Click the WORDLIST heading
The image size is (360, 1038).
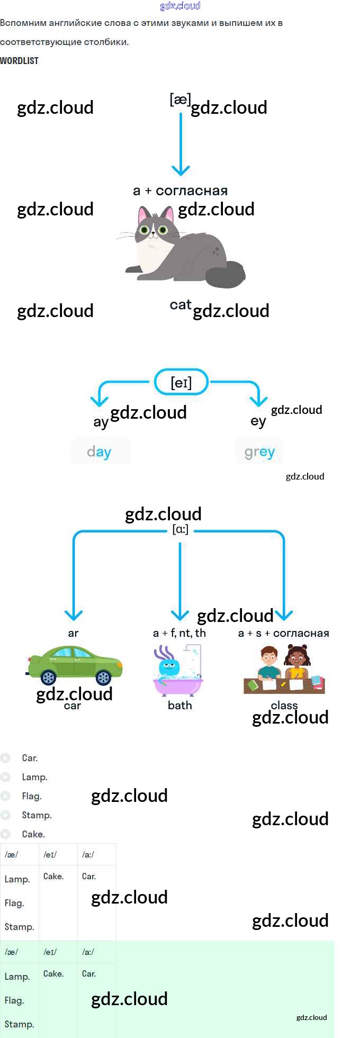tap(19, 61)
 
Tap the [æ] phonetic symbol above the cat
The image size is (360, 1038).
tap(180, 99)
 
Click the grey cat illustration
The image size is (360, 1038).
tap(183, 246)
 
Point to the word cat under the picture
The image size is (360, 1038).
tap(180, 305)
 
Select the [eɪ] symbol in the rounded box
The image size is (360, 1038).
tap(181, 382)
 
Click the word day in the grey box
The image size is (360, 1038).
tap(99, 452)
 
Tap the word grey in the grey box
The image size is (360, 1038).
tap(259, 452)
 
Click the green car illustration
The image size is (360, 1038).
tap(75, 665)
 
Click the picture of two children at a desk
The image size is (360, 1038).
tap(284, 670)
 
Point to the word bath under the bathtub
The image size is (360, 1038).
tap(179, 705)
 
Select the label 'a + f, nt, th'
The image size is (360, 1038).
tap(179, 633)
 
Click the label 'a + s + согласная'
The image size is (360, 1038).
tap(284, 633)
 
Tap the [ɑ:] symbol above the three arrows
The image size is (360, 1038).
tap(181, 529)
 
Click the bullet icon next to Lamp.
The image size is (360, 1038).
tap(6, 777)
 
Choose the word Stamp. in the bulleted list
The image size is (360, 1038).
tap(37, 815)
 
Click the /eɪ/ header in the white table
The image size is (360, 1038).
tap(50, 854)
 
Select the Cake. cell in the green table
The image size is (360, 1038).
tap(53, 973)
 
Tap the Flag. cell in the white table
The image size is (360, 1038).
tap(15, 903)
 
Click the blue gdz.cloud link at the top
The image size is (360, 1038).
tap(180, 6)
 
